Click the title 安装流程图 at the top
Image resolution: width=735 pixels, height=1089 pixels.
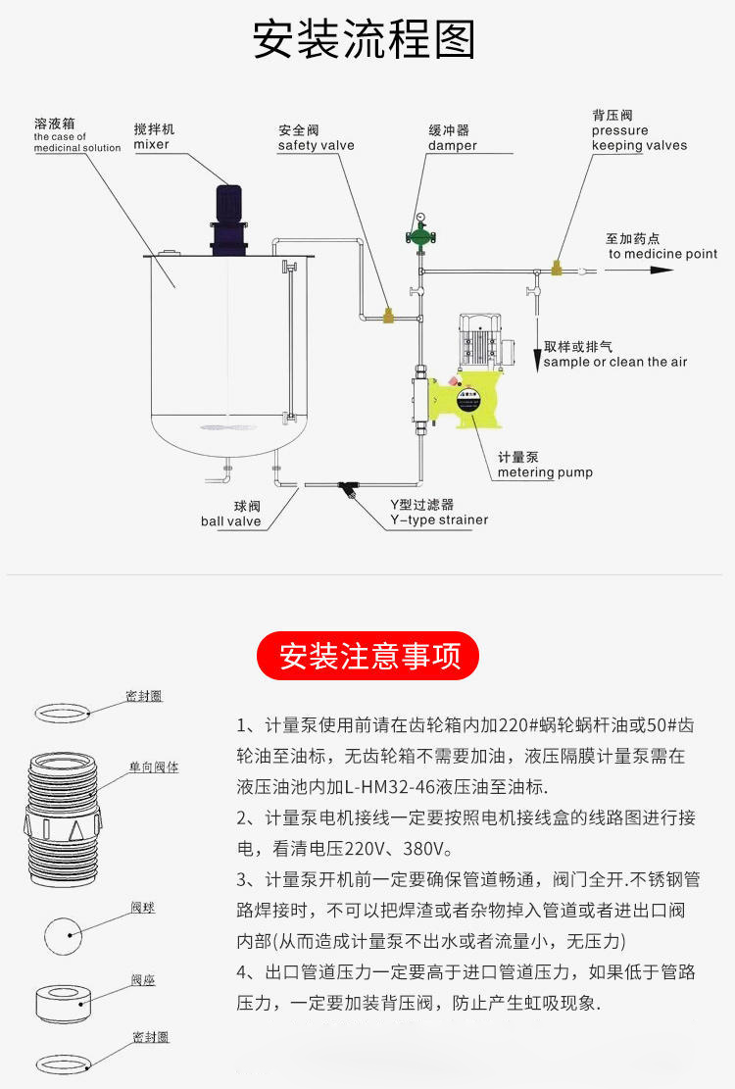point(365,41)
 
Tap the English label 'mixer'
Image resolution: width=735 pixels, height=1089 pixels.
point(152,145)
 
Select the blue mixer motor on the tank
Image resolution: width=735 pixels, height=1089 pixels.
point(227,218)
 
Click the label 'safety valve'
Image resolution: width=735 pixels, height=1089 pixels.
point(316,146)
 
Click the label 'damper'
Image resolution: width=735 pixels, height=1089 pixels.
point(452,146)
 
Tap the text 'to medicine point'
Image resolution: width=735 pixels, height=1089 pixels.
point(662,254)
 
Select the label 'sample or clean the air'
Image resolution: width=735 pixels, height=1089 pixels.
point(616,362)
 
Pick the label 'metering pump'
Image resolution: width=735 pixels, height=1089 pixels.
point(545,472)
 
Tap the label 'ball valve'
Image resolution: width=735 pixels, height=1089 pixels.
point(231,521)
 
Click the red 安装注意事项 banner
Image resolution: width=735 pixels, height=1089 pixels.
point(367,656)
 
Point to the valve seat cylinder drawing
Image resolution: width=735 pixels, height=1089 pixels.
point(65,1004)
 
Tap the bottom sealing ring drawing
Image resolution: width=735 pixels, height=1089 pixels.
point(64,1062)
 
